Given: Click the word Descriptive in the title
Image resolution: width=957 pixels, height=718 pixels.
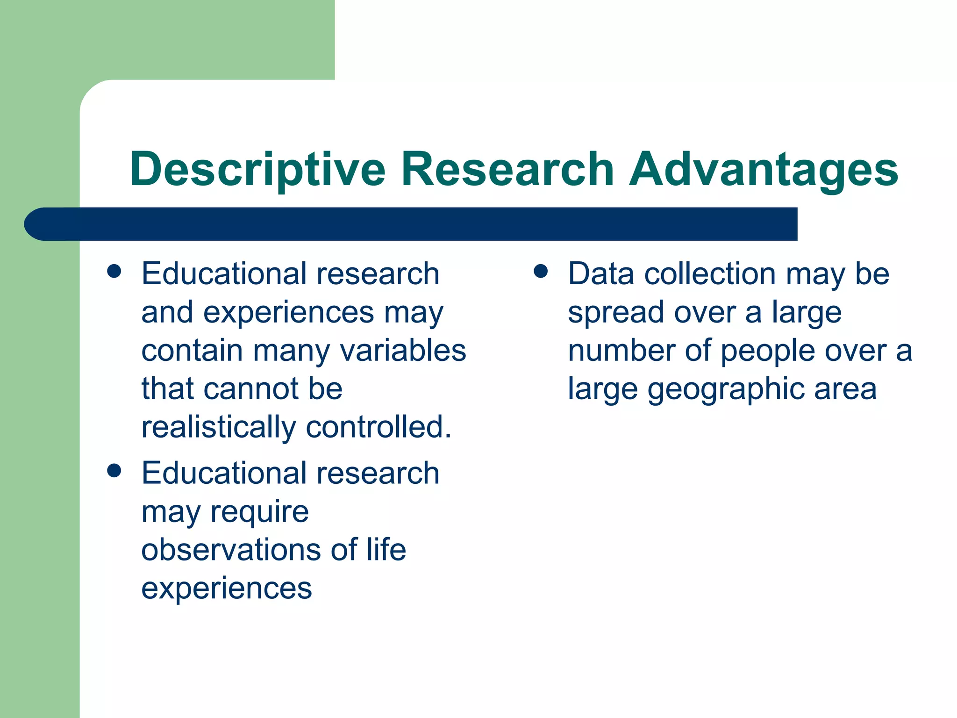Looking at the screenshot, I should (257, 169).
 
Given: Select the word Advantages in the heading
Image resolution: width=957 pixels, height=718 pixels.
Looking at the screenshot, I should (763, 169).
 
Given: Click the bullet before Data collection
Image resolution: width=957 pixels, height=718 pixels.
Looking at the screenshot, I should (541, 272).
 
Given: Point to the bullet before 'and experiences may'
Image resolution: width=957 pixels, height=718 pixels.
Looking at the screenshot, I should (114, 272).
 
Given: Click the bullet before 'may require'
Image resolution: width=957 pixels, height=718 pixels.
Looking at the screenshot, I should (114, 471).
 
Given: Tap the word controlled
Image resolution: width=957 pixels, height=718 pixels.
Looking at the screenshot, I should (379, 427).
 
